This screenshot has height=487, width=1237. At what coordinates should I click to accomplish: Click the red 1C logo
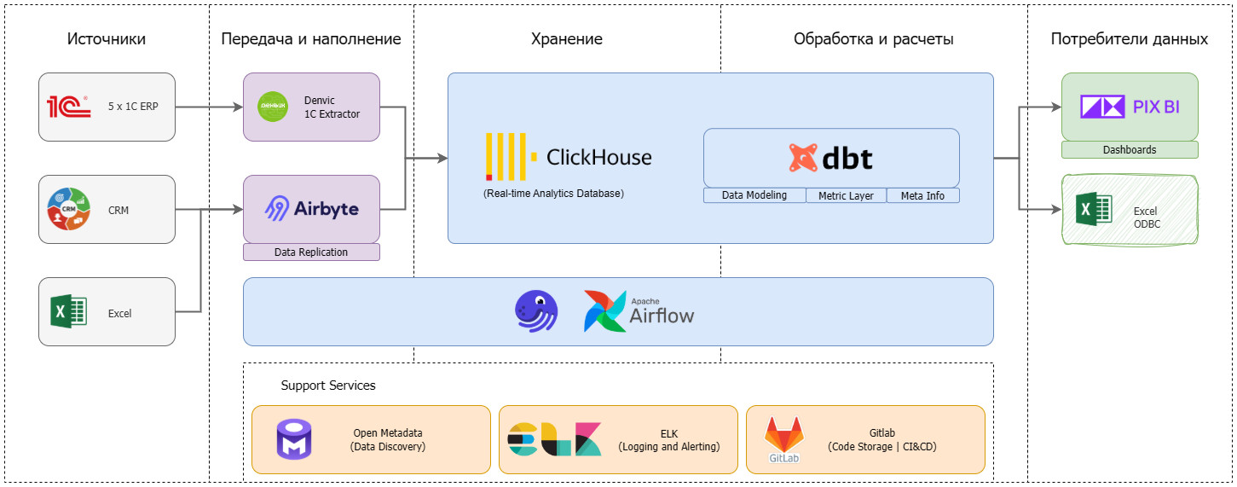tap(68, 107)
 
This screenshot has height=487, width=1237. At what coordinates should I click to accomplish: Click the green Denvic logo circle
tap(273, 107)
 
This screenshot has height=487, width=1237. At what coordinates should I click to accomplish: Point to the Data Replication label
tap(311, 252)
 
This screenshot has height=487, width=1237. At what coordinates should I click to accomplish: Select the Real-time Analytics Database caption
tap(553, 194)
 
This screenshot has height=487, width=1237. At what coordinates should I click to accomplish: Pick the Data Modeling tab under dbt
tap(754, 195)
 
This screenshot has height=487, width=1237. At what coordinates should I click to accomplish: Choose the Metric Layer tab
tap(846, 195)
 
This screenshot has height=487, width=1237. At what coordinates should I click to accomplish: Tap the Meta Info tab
tap(922, 195)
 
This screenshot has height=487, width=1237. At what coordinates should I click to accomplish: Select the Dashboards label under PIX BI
tap(1130, 150)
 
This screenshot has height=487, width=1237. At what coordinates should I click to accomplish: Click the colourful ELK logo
tap(554, 438)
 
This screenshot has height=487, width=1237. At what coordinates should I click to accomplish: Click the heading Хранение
tap(567, 39)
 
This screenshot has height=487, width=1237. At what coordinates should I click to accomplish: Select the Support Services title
tap(328, 386)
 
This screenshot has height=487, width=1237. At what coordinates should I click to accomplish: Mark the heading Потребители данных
tap(1130, 39)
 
